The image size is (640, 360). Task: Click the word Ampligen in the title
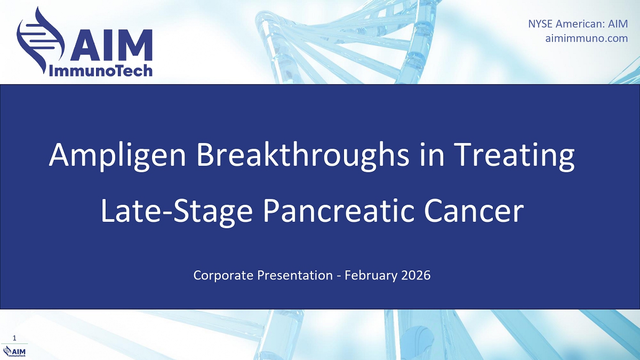117,156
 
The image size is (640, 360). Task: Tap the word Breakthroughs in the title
303,155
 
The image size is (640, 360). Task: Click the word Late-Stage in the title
177,212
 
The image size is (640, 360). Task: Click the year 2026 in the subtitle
415,275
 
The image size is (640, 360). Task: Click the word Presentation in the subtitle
295,275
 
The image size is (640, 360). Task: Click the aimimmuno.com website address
587,38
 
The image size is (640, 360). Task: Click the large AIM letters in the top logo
111,45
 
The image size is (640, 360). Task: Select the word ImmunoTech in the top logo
101,70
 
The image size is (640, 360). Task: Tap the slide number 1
14,338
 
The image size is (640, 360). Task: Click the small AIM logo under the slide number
14,351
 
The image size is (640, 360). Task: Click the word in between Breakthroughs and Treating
431,155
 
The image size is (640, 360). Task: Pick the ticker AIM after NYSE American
618,23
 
